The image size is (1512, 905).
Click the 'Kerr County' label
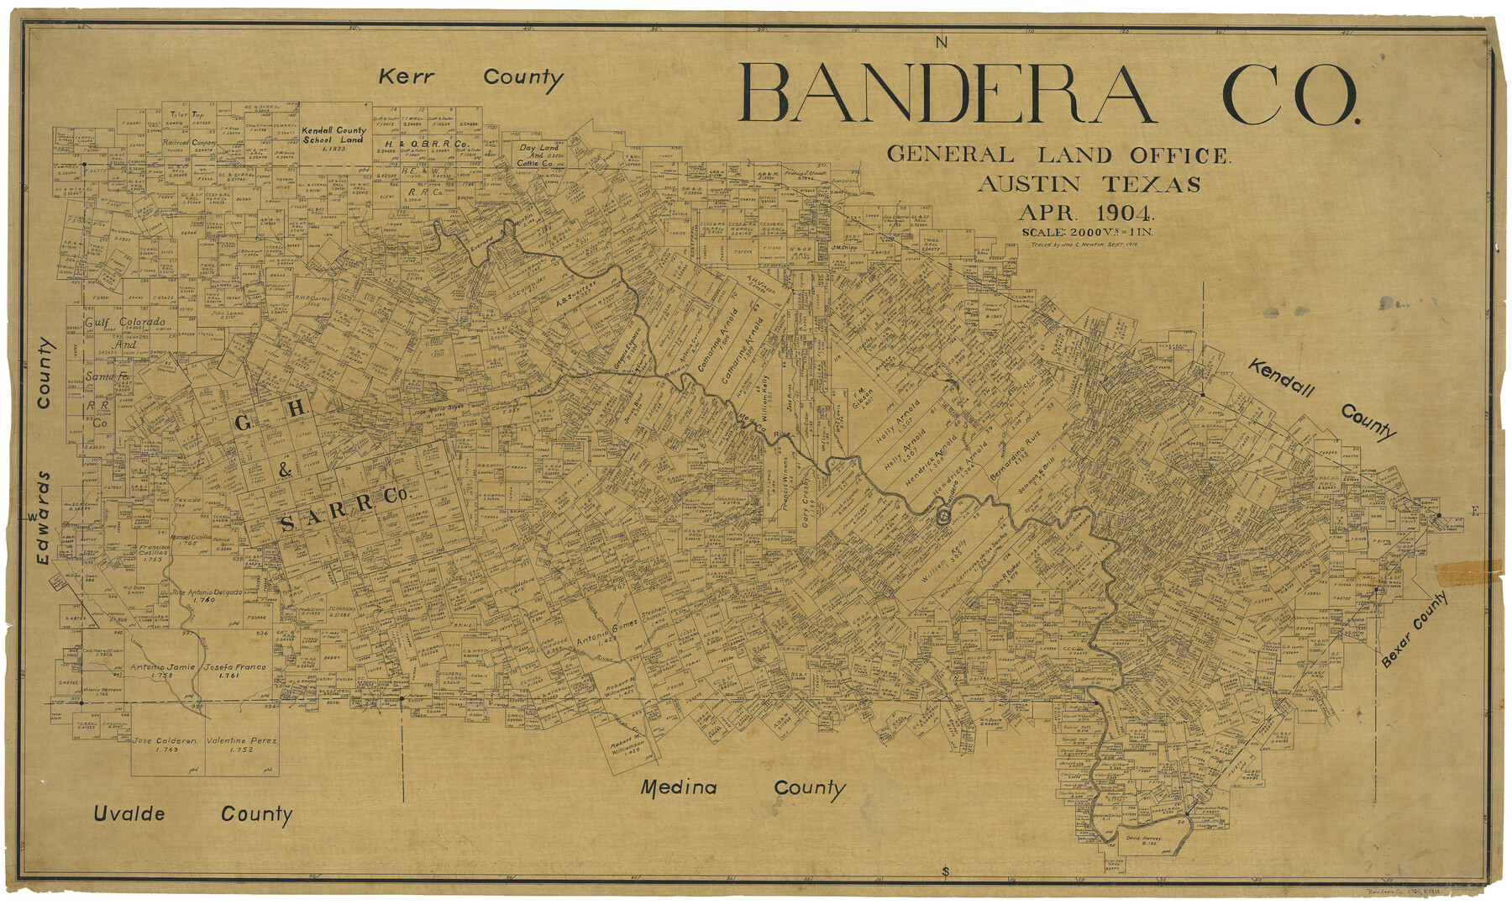[470, 78]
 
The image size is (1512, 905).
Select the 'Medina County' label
[743, 788]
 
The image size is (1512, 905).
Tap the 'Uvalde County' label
[192, 813]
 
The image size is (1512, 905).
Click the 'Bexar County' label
[1415, 629]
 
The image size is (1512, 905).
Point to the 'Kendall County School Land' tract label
[334, 135]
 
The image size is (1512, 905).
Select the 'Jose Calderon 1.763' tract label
[165, 745]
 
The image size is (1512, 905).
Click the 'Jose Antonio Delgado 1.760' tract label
[206, 596]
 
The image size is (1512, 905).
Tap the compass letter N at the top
[942, 42]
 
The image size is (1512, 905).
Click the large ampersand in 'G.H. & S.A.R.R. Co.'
[284, 471]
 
